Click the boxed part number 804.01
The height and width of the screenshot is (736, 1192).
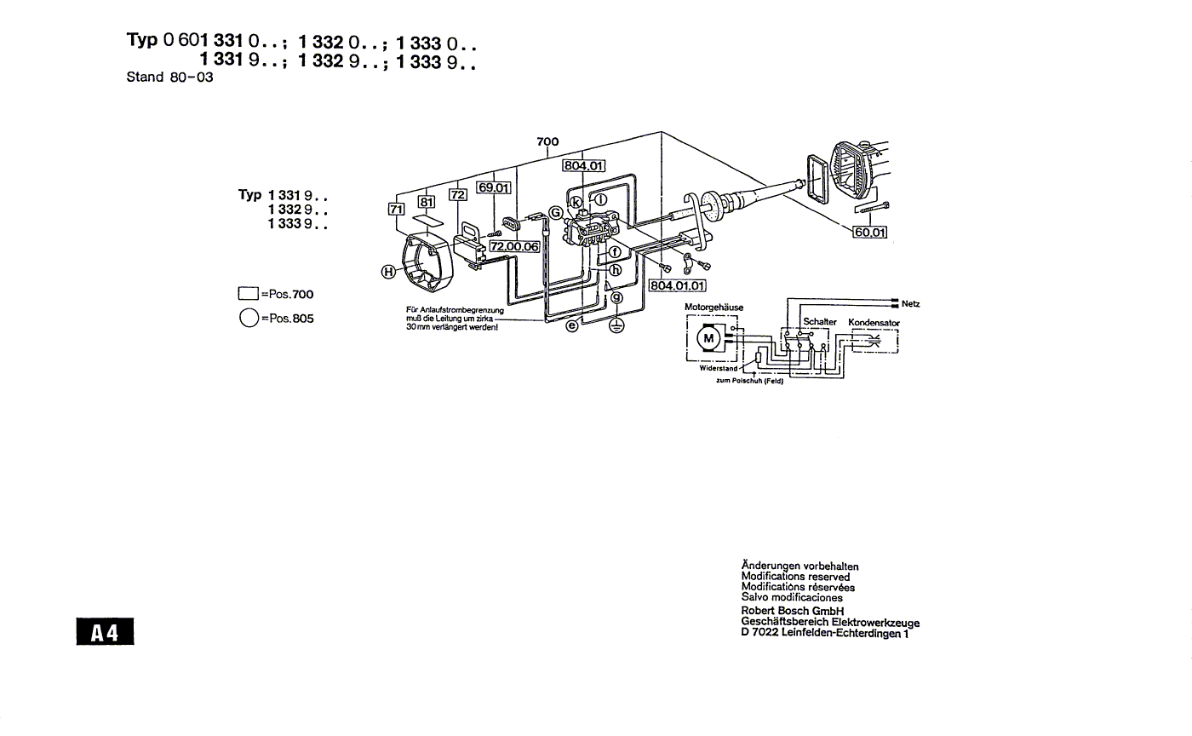tap(583, 166)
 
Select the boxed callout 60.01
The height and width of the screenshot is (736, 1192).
tap(870, 231)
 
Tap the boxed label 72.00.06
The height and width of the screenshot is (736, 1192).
tap(513, 246)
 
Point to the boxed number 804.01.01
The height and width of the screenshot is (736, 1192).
tap(677, 285)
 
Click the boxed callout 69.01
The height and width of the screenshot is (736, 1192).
tap(493, 187)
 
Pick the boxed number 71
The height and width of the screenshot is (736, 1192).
tap(395, 209)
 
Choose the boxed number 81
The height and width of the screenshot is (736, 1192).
tap(426, 202)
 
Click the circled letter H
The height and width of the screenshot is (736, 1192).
tap(388, 272)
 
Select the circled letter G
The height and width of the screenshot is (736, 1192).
tap(555, 212)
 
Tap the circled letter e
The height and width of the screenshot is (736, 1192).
tap(572, 325)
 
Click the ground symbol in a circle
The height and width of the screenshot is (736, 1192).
tap(616, 325)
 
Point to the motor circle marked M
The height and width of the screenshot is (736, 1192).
tap(708, 338)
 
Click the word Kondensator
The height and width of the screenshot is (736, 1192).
tap(874, 323)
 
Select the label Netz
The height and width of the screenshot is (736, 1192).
tap(910, 304)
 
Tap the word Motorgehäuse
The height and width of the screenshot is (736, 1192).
tap(713, 307)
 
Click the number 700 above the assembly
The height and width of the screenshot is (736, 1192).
tap(547, 142)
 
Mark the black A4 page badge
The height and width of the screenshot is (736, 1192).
tap(104, 632)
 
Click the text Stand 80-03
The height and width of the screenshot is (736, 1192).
tap(169, 78)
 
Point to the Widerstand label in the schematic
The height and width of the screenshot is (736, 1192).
tap(719, 369)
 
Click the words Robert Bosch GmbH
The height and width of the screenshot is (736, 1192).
tap(792, 611)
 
